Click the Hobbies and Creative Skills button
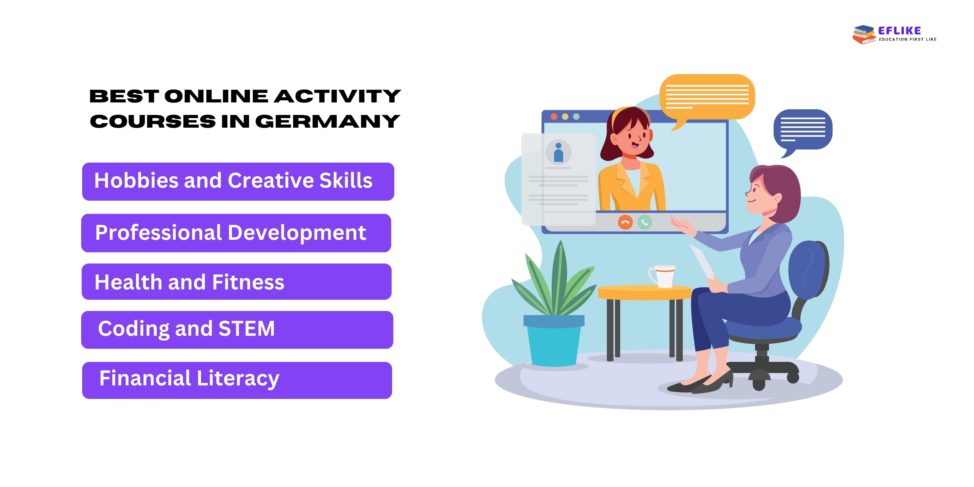238,181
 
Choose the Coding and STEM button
237,330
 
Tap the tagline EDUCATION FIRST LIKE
907,39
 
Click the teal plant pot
554,340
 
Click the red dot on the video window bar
554,116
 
